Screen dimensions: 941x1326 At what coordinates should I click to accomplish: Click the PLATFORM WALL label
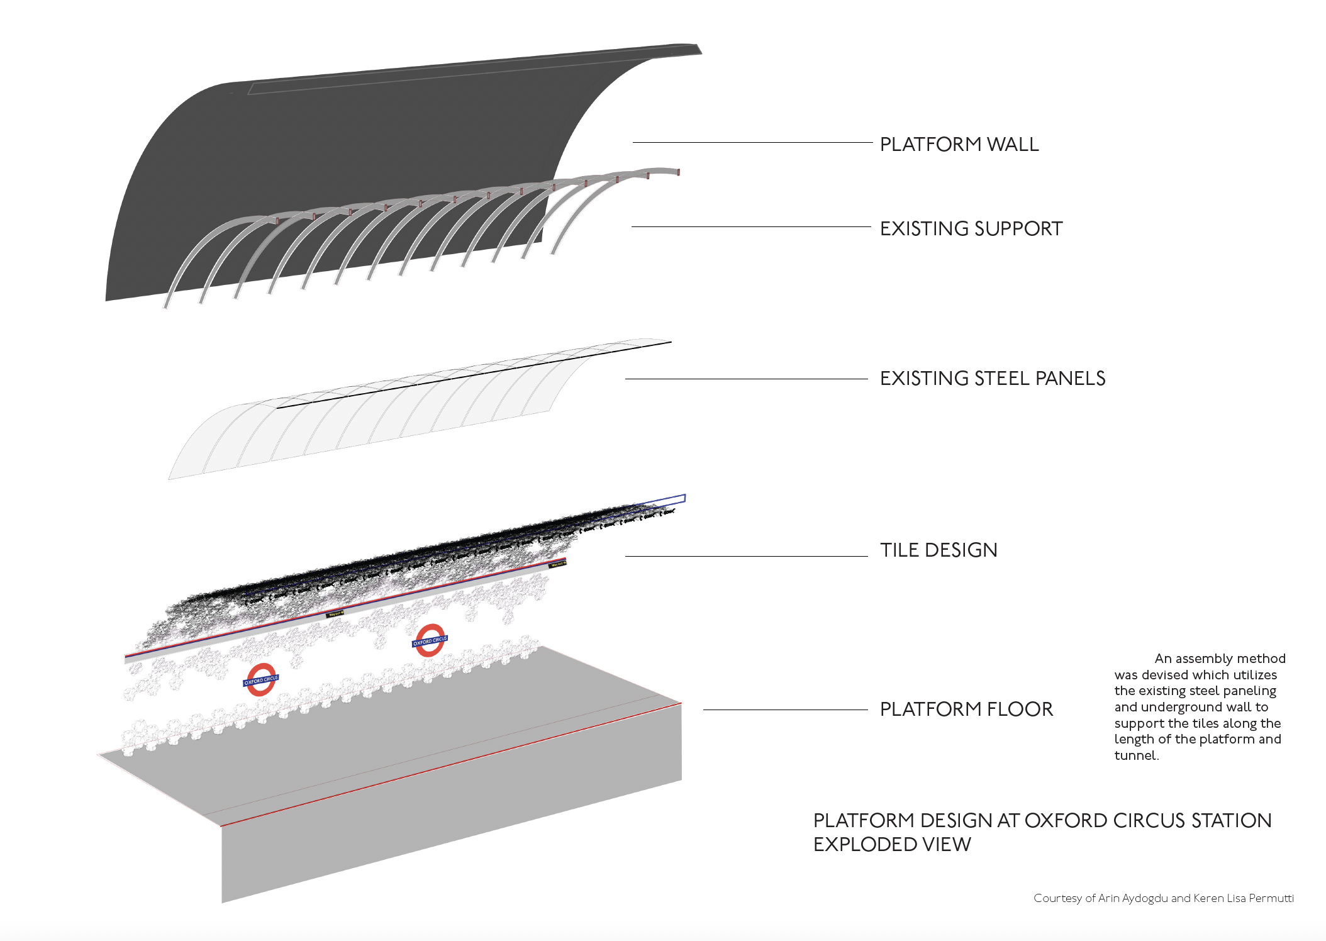tap(959, 145)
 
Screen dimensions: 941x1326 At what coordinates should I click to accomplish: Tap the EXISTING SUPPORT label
tap(971, 229)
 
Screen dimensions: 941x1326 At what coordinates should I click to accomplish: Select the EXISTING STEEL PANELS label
tap(992, 379)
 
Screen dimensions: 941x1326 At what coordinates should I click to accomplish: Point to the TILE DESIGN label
tap(938, 550)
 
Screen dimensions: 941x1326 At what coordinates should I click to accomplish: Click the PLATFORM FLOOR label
tap(966, 710)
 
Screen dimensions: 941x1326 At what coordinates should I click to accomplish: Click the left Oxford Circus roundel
tap(260, 680)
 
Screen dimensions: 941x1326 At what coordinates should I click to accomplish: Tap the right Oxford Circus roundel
tap(430, 641)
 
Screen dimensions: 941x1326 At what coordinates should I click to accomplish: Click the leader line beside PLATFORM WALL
tap(752, 143)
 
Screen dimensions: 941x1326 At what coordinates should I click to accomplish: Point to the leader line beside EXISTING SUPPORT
tap(750, 227)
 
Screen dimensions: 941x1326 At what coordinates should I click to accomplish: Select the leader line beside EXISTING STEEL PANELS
tap(746, 379)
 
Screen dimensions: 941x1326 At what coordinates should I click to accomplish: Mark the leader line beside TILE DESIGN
tap(746, 557)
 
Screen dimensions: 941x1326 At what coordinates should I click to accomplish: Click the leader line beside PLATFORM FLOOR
tap(785, 710)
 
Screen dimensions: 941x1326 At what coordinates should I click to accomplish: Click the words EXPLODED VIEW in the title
tap(892, 845)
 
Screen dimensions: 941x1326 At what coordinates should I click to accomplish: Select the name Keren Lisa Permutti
tap(1243, 898)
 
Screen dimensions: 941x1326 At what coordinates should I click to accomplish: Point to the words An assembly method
tap(1220, 659)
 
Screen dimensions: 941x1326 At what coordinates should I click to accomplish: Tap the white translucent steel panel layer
tap(377, 415)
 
